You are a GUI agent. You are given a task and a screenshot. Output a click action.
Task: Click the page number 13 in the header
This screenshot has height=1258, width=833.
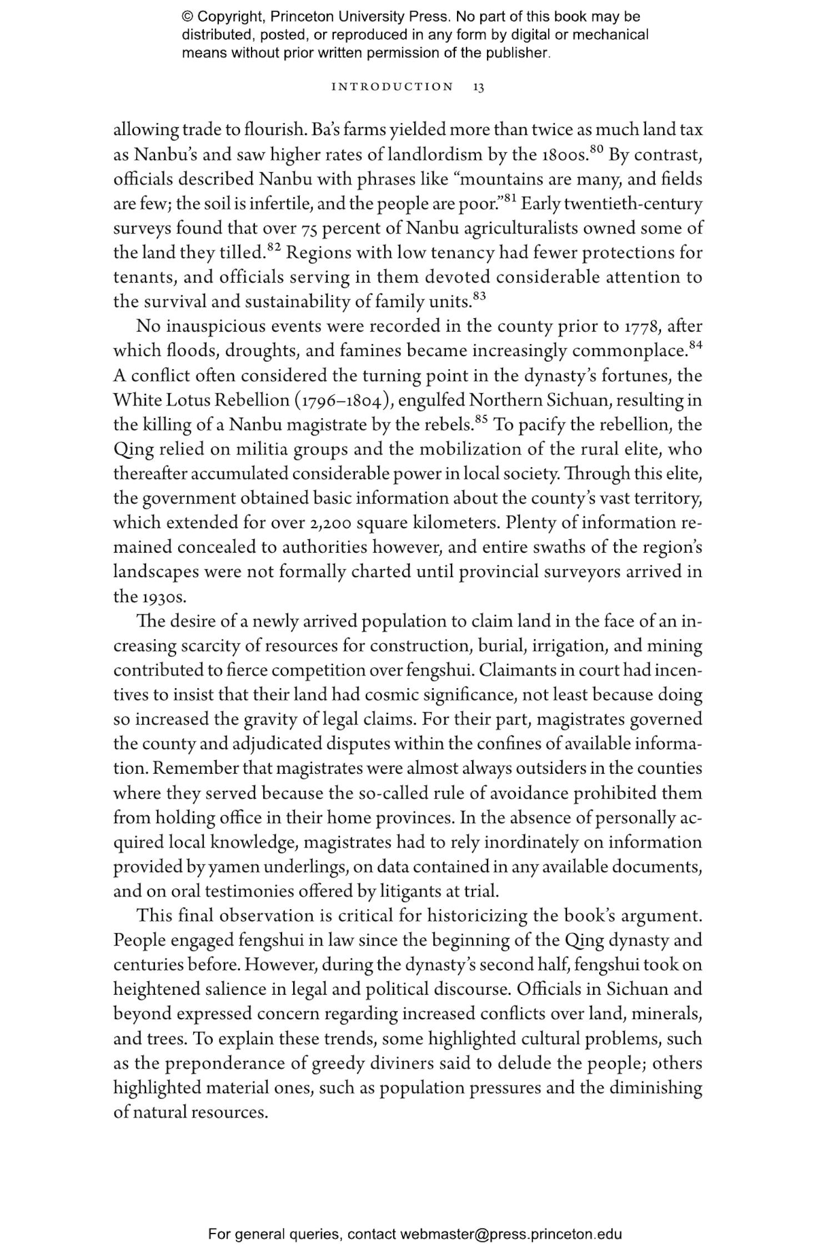click(x=479, y=87)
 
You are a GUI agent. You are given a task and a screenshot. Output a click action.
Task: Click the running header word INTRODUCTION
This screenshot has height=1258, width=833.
click(x=392, y=87)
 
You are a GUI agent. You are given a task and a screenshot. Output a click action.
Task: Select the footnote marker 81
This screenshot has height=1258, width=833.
click(x=510, y=198)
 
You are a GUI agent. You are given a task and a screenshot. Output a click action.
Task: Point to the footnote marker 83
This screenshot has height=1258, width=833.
click(x=479, y=295)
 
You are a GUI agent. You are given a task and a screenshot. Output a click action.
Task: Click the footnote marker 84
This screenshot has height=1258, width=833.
click(x=695, y=344)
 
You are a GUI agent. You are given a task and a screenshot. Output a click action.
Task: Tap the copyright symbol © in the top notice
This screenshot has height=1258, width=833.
click(x=187, y=17)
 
